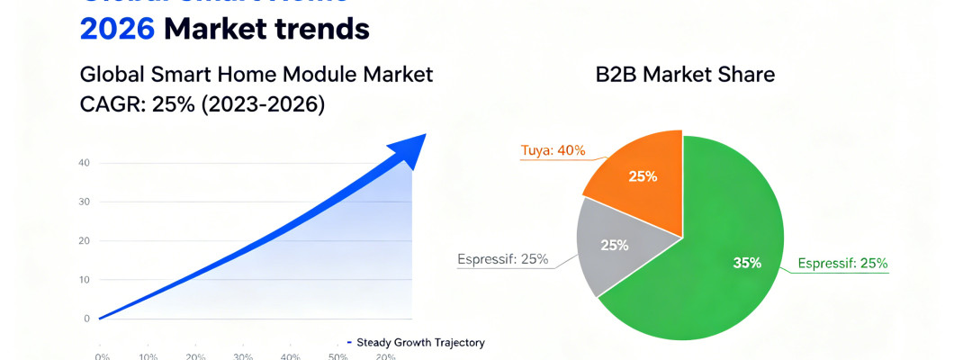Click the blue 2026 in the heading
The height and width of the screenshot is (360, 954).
[x=117, y=29]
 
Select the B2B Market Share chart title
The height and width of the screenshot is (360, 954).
[x=685, y=76]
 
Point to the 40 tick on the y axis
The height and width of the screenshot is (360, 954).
[x=85, y=163]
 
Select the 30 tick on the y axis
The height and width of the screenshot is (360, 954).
[x=85, y=202]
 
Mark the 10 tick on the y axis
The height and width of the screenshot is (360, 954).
[x=85, y=280]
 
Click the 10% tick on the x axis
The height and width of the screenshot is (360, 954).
[x=149, y=356]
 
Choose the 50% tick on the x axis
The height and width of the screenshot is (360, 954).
[x=338, y=356]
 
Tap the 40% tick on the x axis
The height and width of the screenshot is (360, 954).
[x=290, y=356]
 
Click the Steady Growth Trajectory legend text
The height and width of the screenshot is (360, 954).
[x=420, y=342]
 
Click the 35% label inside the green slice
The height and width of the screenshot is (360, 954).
[x=747, y=264]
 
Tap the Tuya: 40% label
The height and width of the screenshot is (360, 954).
[x=553, y=150]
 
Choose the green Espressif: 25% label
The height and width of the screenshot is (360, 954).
[x=842, y=264]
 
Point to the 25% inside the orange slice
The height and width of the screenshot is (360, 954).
[x=643, y=176]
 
